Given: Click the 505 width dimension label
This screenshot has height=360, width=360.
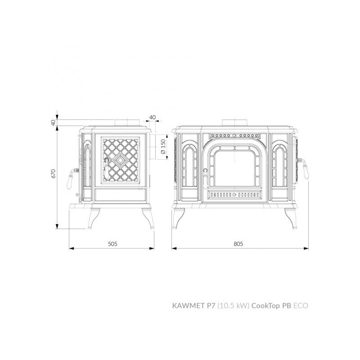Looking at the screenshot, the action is (112, 243).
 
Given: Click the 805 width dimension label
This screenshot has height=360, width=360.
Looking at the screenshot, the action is (238, 243).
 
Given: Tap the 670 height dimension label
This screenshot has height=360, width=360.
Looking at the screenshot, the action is (53, 174).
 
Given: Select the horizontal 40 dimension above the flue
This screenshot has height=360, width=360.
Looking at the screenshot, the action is (153, 117).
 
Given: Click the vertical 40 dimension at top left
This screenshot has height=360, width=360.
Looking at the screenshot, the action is (53, 122).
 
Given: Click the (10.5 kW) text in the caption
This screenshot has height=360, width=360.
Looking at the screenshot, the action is (234, 306).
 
